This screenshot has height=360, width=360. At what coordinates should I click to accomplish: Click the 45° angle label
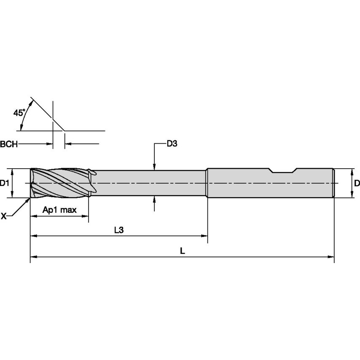(19, 113)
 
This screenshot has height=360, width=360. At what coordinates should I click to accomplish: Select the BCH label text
(9, 144)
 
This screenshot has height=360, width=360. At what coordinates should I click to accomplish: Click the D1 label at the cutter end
(5, 183)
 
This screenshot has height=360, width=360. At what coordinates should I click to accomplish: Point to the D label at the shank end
(356, 183)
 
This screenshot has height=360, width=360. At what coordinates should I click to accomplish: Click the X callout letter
(4, 216)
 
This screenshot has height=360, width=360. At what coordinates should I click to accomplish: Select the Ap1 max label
(59, 210)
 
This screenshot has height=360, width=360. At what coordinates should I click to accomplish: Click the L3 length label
(119, 230)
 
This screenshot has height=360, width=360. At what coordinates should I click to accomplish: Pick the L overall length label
(182, 250)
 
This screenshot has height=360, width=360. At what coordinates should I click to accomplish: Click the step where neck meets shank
(207, 183)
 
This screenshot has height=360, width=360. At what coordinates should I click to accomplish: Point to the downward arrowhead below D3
(155, 167)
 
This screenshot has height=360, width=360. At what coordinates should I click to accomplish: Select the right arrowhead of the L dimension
(330, 256)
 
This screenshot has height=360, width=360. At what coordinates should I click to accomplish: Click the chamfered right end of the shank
(334, 183)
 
